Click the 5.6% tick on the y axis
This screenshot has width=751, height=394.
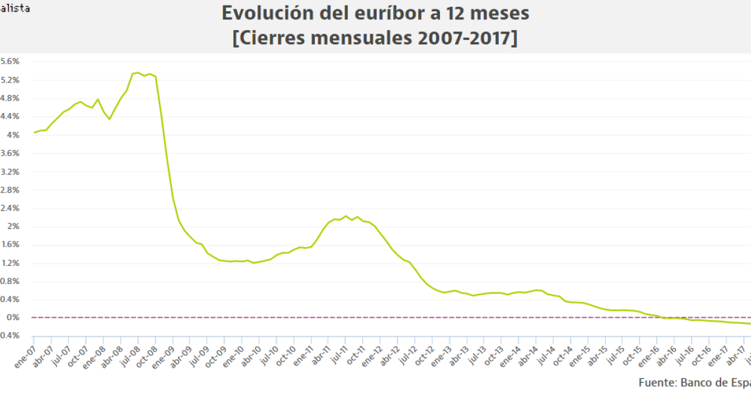click(x=10, y=61)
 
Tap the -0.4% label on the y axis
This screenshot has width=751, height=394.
click(x=10, y=336)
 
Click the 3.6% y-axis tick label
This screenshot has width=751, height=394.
click(x=10, y=153)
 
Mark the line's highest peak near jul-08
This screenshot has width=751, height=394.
click(x=138, y=73)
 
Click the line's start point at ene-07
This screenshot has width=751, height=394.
click(x=34, y=133)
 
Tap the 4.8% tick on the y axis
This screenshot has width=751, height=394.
click(x=10, y=98)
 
